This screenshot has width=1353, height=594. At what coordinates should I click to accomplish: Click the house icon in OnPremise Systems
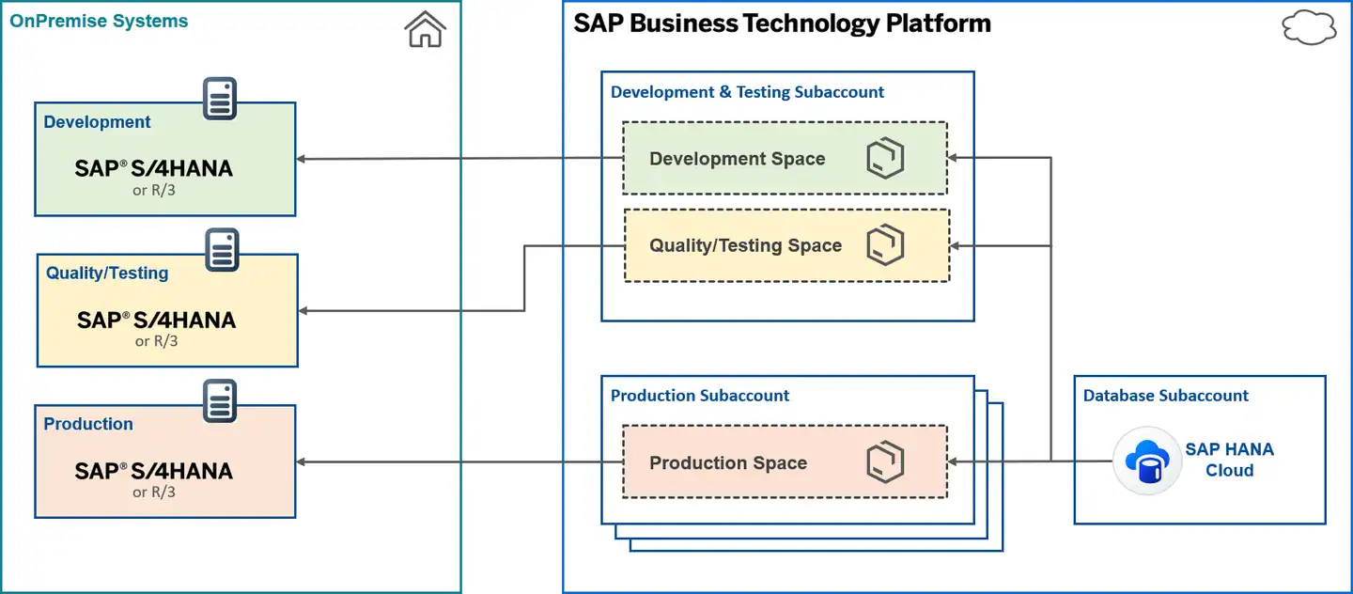click(x=425, y=29)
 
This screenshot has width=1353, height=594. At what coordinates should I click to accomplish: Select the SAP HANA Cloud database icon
click(x=1146, y=461)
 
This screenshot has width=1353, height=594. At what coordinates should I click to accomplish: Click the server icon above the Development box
click(x=220, y=99)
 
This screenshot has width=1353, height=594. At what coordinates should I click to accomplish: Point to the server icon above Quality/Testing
click(x=222, y=250)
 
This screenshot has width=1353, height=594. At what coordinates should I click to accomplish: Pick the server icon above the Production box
click(x=220, y=401)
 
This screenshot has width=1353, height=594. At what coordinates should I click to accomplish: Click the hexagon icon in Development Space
click(x=885, y=159)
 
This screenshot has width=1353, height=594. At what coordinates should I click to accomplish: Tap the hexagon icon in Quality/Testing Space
click(x=885, y=245)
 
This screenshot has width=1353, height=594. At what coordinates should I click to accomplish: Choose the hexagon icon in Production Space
click(x=885, y=462)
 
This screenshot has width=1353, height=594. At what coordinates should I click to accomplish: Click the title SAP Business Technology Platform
click(x=782, y=23)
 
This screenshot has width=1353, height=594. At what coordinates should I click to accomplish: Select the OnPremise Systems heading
click(x=99, y=21)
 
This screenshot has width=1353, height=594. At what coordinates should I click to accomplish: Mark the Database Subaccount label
click(x=1165, y=396)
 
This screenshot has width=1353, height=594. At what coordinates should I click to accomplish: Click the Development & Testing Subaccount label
click(x=747, y=92)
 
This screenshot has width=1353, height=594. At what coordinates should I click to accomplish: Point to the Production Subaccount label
click(x=700, y=396)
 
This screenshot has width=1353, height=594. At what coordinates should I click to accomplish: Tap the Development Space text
click(x=737, y=159)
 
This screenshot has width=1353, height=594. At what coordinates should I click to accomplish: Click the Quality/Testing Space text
click(x=745, y=245)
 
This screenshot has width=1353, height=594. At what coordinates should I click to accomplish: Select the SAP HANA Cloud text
click(x=1229, y=460)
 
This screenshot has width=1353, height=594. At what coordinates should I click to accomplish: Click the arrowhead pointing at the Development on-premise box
click(x=303, y=159)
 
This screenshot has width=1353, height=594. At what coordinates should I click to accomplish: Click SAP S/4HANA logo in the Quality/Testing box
click(x=156, y=320)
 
